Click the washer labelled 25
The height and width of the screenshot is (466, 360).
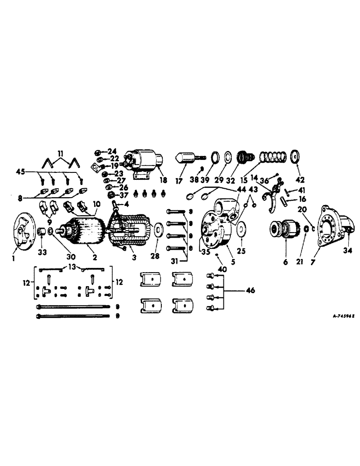[241, 230]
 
